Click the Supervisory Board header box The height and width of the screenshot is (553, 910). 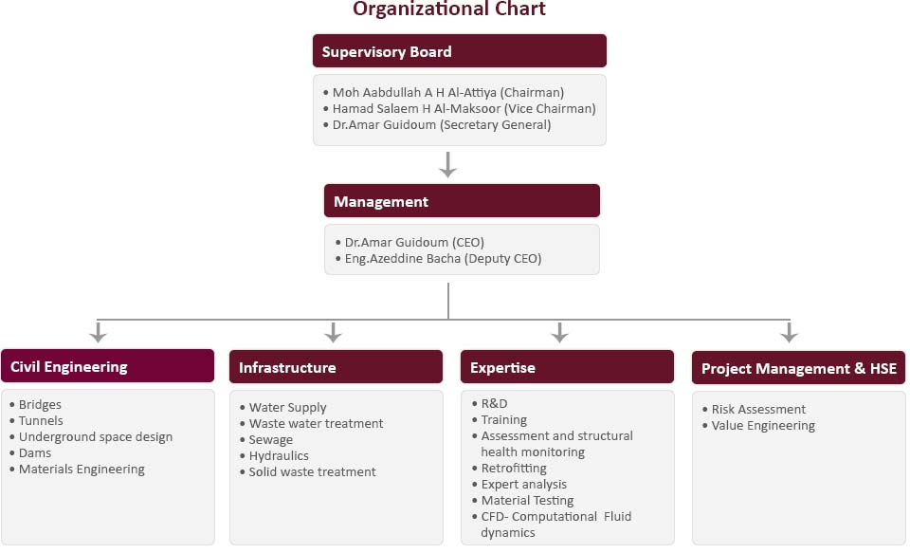(x=460, y=51)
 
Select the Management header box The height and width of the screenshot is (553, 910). (x=462, y=201)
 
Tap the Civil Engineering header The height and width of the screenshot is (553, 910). (x=107, y=366)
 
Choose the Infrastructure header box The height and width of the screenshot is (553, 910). (x=336, y=366)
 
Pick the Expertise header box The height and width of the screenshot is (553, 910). (x=567, y=366)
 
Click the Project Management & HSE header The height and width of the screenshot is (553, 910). (x=798, y=368)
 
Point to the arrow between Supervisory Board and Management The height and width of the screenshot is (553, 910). (x=447, y=164)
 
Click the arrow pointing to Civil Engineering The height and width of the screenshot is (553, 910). (x=99, y=332)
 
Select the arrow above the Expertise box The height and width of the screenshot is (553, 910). (x=559, y=332)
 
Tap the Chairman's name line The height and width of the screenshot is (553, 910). (x=444, y=92)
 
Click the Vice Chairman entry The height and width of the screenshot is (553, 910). (x=460, y=109)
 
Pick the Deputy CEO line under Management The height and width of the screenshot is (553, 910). (x=439, y=259)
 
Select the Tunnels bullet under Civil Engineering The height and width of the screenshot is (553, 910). (x=37, y=420)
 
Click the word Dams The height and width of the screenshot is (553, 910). (x=35, y=453)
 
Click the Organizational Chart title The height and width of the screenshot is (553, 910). (x=449, y=9)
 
